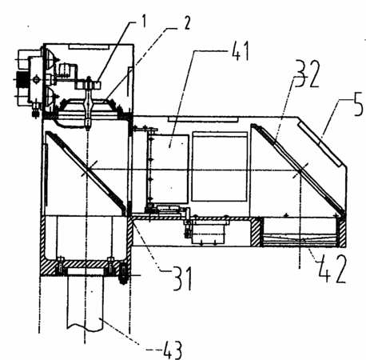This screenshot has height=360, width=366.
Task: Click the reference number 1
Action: [x=144, y=21]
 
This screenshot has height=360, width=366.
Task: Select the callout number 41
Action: [x=241, y=51]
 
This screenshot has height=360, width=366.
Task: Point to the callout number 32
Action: [x=306, y=74]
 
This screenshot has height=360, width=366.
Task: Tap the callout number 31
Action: [x=182, y=279]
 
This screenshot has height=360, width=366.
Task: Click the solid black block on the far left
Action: [x=22, y=79]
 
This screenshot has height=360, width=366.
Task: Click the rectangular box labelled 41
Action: [x=169, y=169]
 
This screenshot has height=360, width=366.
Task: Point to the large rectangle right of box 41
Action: [x=220, y=166]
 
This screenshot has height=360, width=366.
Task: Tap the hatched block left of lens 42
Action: [x=256, y=231]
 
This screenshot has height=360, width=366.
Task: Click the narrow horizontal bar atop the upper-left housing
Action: [x=89, y=46]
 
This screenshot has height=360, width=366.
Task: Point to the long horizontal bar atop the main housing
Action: [x=202, y=119]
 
